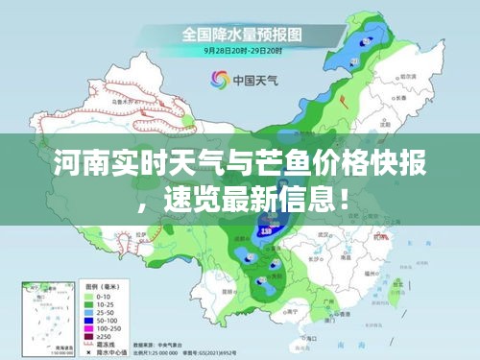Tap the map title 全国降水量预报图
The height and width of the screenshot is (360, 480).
pyautogui.click(x=242, y=33)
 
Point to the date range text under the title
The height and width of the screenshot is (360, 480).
pyautogui.click(x=241, y=49)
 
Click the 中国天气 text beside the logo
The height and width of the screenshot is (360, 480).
pyautogui.click(x=252, y=81)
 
